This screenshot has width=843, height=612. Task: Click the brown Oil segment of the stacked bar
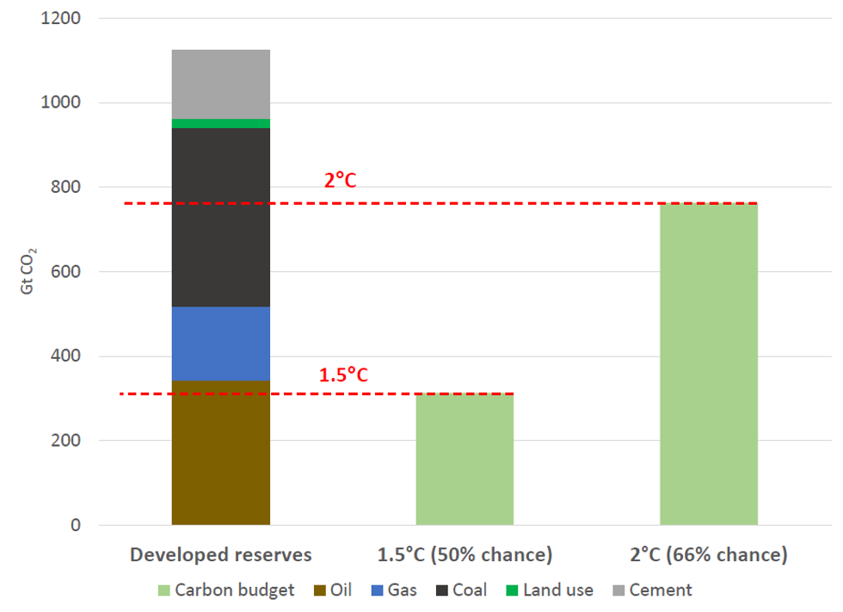221,452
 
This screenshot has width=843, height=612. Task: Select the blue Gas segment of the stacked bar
221,343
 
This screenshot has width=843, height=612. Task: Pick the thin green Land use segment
221,123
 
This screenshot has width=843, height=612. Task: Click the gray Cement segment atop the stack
221,84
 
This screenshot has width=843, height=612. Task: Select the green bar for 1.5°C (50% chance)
465,459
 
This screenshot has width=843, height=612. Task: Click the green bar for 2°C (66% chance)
709,364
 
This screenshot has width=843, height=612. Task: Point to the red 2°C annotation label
340,181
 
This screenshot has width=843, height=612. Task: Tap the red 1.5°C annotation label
343,375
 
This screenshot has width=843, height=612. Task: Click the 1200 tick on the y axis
59,18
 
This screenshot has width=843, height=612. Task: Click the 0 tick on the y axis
75,525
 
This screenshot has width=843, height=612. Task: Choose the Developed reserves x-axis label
221,555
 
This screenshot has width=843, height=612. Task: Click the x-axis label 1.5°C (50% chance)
465,555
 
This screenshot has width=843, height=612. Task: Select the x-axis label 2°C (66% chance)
709,555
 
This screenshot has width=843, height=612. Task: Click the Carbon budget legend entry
225,590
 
